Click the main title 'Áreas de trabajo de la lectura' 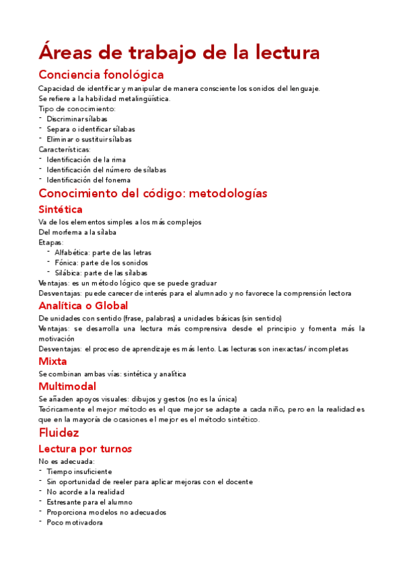point(179,52)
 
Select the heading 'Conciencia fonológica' point(101,74)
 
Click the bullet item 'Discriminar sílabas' point(77,119)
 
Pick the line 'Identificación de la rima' point(86,160)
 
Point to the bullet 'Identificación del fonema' point(88,180)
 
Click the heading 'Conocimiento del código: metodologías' point(153,194)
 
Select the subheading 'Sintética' point(61,209)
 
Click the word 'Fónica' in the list point(66,263)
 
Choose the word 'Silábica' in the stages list point(69,273)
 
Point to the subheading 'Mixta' point(52,361)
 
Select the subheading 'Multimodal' point(67,387)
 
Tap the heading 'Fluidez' point(59,433)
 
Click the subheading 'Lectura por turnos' point(85,448)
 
